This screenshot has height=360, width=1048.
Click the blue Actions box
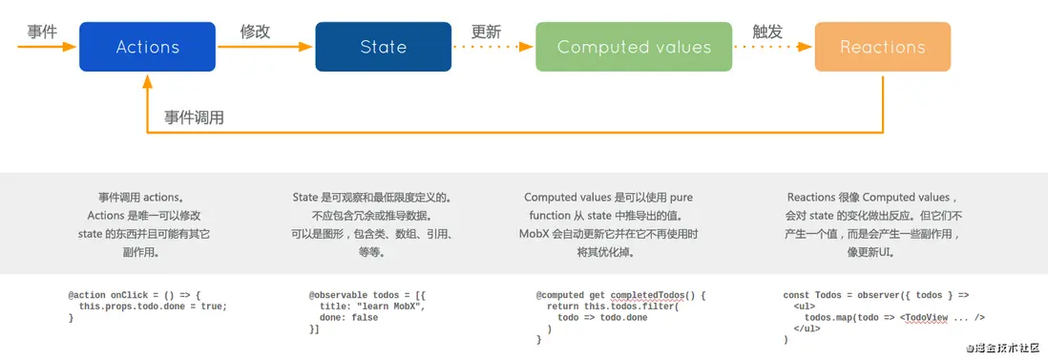pos(147,47)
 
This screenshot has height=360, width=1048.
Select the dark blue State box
pos(383,47)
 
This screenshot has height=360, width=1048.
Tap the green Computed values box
pos(634,47)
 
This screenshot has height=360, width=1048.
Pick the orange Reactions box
pos(882,47)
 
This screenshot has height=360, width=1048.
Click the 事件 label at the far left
pos(42,32)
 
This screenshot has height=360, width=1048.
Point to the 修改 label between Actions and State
pos(255,32)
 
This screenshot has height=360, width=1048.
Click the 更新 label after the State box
pos(486,32)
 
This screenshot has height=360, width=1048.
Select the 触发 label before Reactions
pos(767,32)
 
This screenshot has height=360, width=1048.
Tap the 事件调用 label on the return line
pos(194,117)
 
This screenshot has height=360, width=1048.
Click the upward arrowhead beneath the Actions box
pos(147,83)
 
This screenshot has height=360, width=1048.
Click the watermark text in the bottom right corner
pos(1004,349)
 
